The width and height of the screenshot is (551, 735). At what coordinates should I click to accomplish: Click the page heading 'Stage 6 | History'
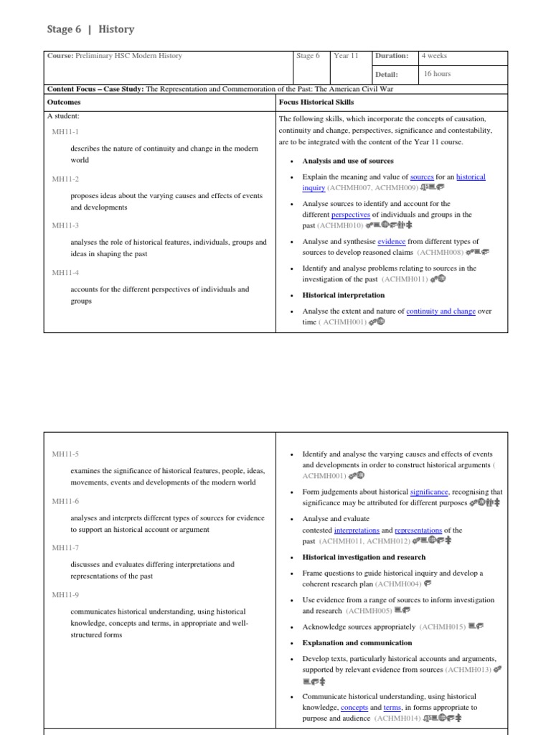pos(90,29)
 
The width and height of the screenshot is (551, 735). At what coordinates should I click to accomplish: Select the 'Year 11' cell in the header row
pos(346,56)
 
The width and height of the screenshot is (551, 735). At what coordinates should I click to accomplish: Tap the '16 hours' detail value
pos(437,74)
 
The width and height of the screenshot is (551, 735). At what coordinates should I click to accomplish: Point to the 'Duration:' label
pos(393,56)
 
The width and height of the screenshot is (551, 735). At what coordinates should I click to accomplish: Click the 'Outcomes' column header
pos(64,103)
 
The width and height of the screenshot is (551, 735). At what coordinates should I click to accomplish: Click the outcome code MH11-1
pos(65,132)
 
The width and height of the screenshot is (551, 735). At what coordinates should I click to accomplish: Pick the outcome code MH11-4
pos(65,273)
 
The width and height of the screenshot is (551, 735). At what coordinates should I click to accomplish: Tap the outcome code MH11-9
pos(65,594)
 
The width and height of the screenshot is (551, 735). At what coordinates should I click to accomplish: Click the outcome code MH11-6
pos(65,501)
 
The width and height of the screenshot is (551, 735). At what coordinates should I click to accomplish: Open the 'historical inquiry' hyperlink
pos(471,177)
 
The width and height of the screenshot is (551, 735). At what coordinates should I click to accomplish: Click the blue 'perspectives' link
pos(351,215)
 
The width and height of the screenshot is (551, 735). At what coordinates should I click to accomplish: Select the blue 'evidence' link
pos(391,242)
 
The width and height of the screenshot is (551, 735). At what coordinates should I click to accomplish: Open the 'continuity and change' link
pos(441,312)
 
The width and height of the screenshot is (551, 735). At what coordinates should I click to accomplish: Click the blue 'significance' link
pos(429,492)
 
